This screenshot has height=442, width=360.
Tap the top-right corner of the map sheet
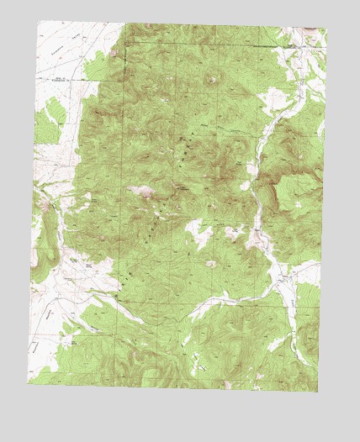(x=327, y=29)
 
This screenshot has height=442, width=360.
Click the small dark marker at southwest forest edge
(x=113, y=295)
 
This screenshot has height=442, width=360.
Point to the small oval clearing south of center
(x=209, y=264)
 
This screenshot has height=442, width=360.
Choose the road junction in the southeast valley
(x=281, y=277)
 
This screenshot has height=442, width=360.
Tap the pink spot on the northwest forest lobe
(x=114, y=52)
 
